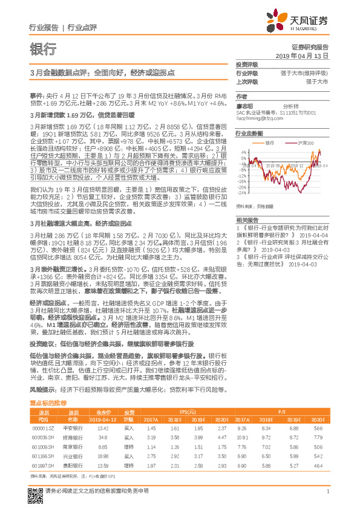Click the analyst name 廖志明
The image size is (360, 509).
(244, 105)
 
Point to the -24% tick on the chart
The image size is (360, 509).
(242, 193)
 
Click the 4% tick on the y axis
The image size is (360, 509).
(243, 152)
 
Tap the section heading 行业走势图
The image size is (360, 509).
(249, 132)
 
